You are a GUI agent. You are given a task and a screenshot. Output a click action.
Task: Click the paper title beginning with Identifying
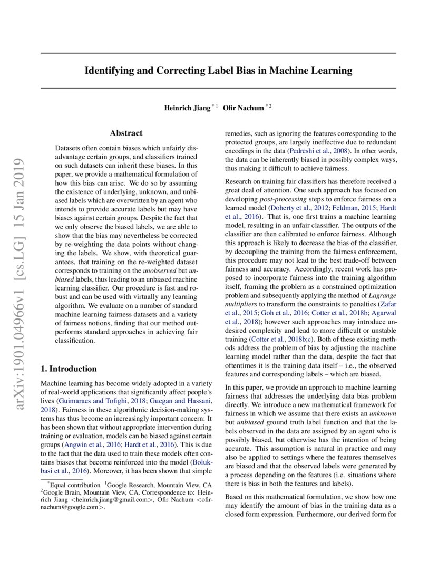point(218,70)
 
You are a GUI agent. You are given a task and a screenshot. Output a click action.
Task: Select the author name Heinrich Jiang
point(187,108)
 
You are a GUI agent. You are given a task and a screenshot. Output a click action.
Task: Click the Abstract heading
point(126,133)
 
